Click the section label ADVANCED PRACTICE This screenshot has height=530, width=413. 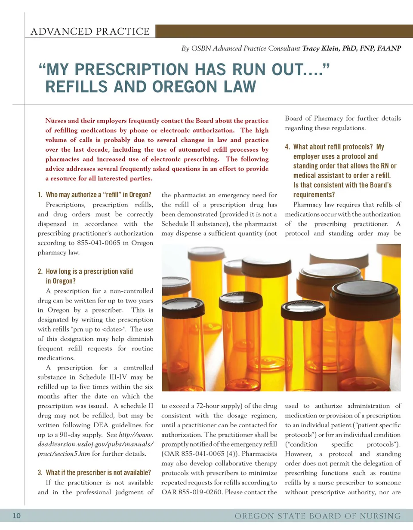pos(90,31)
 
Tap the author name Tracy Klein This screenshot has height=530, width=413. pos(321,48)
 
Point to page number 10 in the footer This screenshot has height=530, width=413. pos(16,515)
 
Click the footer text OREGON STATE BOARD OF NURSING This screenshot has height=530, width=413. pos(317,516)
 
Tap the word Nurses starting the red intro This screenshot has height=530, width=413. pos(56,121)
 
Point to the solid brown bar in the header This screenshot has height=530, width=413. pos(284,31)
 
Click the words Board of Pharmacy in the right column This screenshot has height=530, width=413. pos(314,118)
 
